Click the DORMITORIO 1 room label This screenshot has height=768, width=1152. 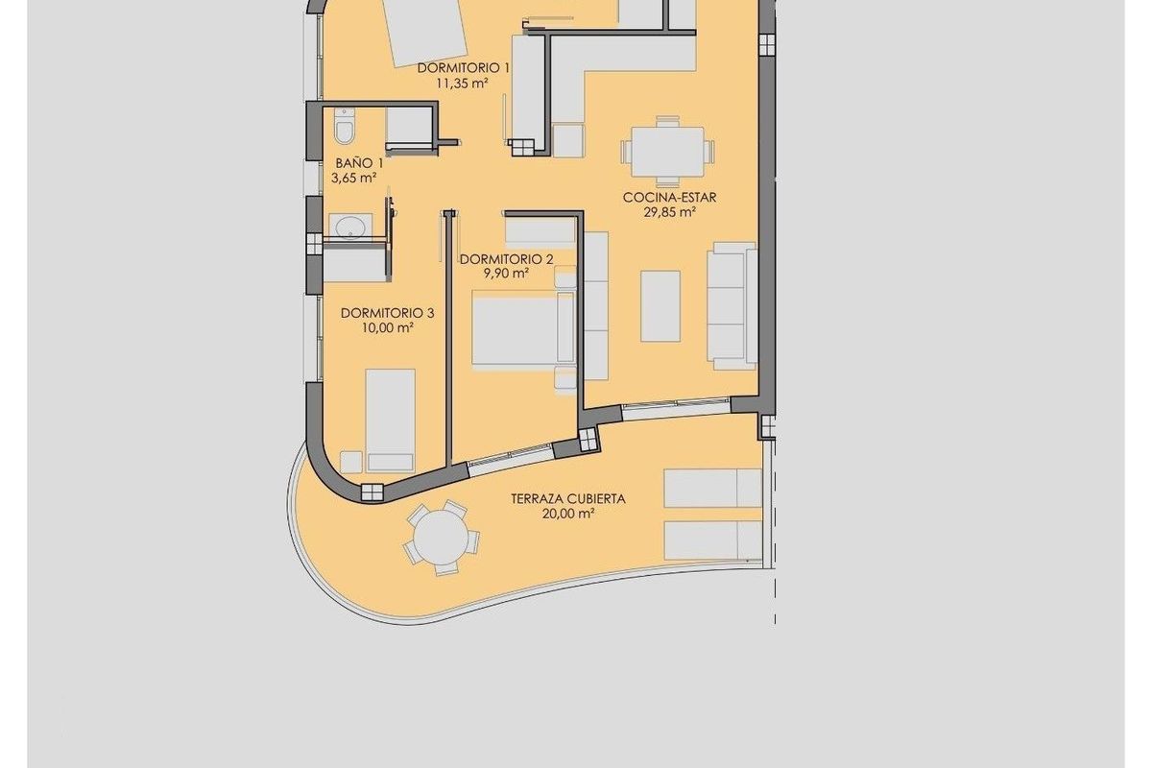click(464, 68)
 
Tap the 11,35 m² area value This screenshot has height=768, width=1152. click(464, 83)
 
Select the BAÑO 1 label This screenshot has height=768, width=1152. click(355, 163)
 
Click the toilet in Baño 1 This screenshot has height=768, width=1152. click(345, 127)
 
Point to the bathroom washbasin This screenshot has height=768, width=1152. click(348, 227)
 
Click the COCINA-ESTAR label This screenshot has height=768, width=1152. click(670, 198)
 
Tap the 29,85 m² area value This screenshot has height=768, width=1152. click(670, 213)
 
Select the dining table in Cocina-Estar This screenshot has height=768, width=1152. click(667, 151)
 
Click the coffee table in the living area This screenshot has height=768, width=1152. click(660, 305)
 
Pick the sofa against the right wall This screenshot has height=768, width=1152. click(732, 305)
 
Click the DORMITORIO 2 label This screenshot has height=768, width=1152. click(507, 259)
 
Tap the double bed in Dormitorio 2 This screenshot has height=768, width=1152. click(523, 328)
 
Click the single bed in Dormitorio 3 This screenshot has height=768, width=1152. click(390, 419)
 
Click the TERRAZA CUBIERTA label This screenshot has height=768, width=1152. click(568, 498)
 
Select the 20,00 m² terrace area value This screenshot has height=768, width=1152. click(568, 514)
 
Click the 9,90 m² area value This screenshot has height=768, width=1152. click(507, 274)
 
